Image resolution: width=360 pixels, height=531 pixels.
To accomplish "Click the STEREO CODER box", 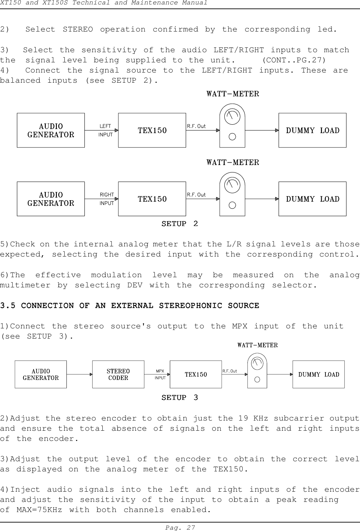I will pyautogui.click(x=118, y=374).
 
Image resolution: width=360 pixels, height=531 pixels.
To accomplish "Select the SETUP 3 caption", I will pyautogui.click(x=180, y=397).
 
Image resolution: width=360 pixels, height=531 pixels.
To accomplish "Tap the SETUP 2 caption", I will pyautogui.click(x=180, y=224).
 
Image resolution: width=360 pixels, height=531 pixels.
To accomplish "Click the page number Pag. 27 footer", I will pyautogui.click(x=180, y=528).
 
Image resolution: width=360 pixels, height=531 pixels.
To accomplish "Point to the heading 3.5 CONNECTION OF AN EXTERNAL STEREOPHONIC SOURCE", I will pyautogui.click(x=129, y=306).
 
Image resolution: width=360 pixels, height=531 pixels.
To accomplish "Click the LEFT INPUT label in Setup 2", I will pyautogui.click(x=105, y=130).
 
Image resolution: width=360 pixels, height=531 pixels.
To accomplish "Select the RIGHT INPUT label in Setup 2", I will pyautogui.click(x=106, y=199).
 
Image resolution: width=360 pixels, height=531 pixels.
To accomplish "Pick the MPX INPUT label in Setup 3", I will pyautogui.click(x=160, y=374).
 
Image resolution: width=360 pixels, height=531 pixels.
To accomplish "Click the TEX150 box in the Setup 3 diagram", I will pyautogui.click(x=196, y=374).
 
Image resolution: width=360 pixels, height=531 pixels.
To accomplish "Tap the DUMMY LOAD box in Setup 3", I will pyautogui.click(x=318, y=374).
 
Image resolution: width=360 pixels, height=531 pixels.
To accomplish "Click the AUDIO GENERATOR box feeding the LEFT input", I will pyautogui.click(x=51, y=130).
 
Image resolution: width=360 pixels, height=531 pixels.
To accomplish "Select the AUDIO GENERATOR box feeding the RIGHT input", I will pyautogui.click(x=51, y=199).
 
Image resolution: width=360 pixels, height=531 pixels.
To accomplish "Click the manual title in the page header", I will pyautogui.click(x=103, y=3).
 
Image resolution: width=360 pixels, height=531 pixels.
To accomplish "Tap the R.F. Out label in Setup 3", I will pyautogui.click(x=229, y=371).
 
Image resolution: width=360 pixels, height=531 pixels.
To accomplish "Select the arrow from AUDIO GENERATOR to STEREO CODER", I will pyautogui.click(x=79, y=374).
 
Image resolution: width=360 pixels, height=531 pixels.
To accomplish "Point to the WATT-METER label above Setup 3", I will pyautogui.click(x=257, y=345).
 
